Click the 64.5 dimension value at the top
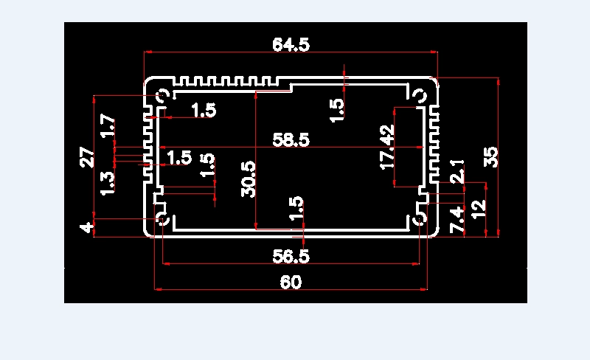291,44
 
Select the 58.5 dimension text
291,139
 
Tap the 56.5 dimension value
291,256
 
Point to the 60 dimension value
291,282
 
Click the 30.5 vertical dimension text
249,179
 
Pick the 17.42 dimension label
388,148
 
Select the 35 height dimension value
491,157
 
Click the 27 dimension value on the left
87,157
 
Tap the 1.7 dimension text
108,126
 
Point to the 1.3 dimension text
108,184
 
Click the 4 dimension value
86,227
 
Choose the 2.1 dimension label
457,171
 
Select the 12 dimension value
479,210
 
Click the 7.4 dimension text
457,220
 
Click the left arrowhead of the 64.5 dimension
147,52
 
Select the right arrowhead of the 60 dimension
424,289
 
